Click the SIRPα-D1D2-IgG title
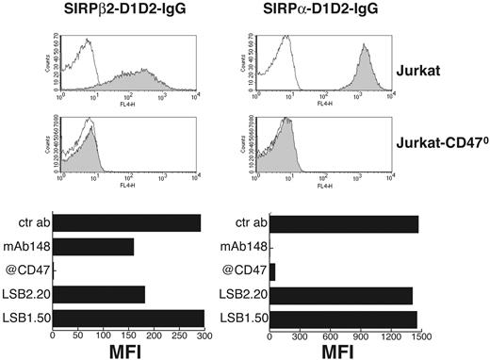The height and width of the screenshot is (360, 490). click(318, 11)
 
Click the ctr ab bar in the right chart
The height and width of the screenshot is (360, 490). click(343, 222)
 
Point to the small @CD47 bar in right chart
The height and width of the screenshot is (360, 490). click(272, 270)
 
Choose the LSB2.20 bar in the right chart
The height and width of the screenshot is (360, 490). click(340, 294)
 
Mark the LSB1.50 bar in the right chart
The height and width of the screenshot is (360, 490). click(343, 318)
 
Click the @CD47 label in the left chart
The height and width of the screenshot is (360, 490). click(29, 270)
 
